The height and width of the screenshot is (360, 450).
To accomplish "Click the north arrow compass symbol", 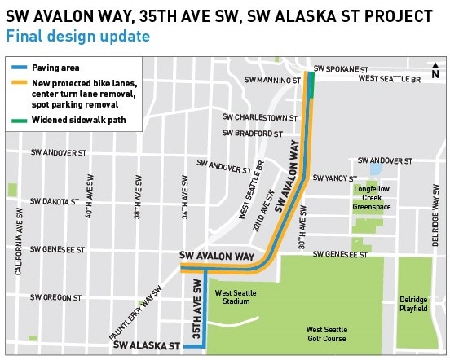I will pyautogui.click(x=435, y=71).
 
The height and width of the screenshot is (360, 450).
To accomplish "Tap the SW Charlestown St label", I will pyautogui.click(x=261, y=117).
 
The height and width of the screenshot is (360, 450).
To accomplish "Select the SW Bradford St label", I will pyautogui.click(x=254, y=134).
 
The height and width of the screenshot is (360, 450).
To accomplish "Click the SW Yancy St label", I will pyautogui.click(x=335, y=178).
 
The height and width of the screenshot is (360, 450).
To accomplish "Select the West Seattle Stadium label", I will pyautogui.click(x=232, y=296).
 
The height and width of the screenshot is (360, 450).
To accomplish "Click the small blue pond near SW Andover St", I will pyautogui.click(x=375, y=170).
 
